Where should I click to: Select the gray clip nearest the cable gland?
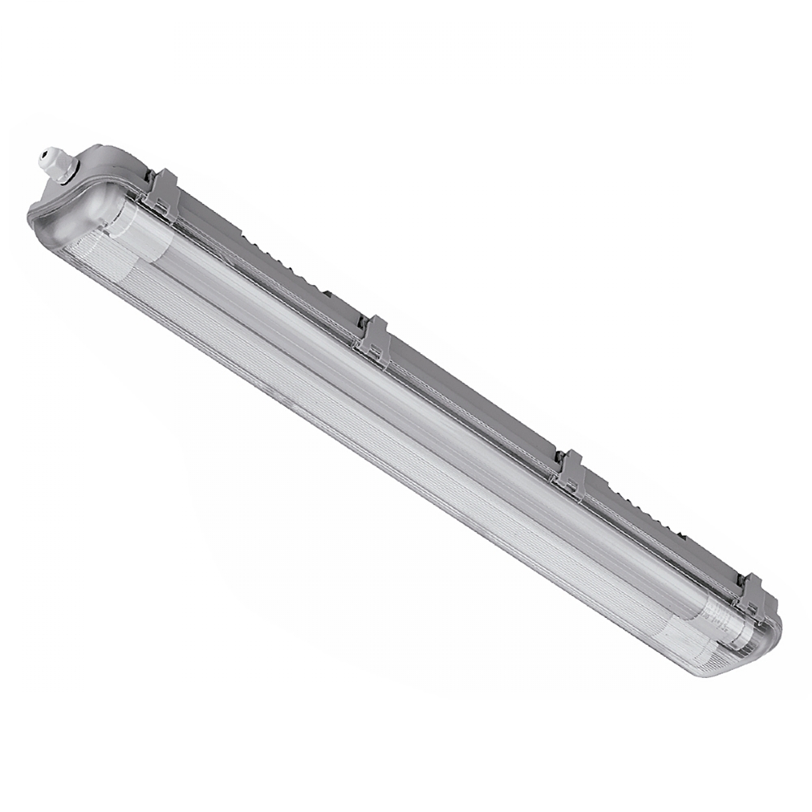162,192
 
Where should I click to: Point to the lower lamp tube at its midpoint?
390,438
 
